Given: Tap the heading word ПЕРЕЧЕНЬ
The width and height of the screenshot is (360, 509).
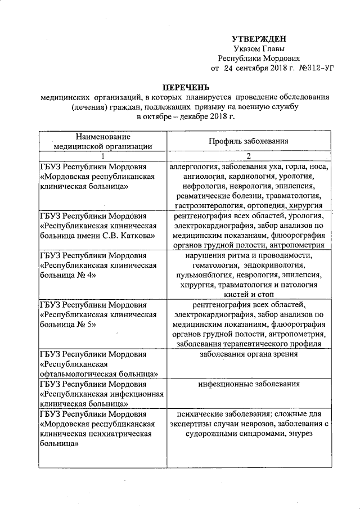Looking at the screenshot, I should point(185,87).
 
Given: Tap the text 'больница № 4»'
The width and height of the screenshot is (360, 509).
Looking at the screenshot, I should point(67,275).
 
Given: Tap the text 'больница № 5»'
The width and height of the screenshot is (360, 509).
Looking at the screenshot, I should point(67,325).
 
